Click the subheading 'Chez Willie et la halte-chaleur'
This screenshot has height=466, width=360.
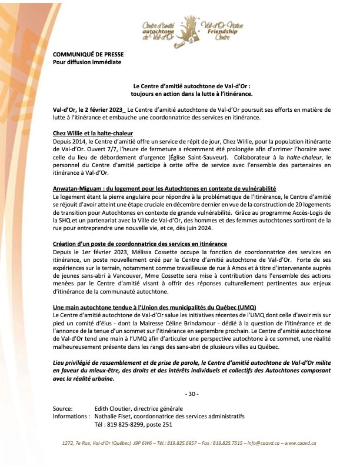(92, 133)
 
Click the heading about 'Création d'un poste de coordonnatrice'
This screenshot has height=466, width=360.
(139, 243)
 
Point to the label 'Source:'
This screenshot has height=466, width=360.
(62, 408)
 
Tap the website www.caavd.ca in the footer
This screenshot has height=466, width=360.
(301, 443)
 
